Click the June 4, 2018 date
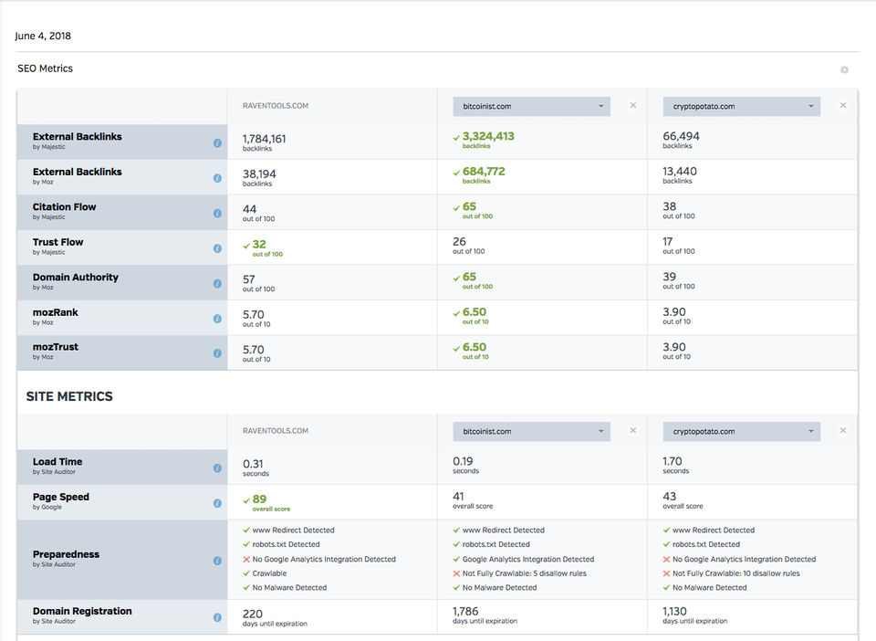coord(43,37)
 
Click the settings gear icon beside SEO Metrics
coord(844,70)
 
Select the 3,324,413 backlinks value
coord(488,137)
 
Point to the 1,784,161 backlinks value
coord(264,139)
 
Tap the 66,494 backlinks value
coord(682,137)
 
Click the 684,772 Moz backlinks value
coord(484,172)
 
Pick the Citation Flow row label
coord(64,207)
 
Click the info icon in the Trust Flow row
coord(217,248)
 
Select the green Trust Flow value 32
coord(259,245)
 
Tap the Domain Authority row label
coord(76,278)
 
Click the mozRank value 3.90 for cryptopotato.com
coord(674,312)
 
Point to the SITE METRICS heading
coord(69,397)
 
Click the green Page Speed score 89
coord(260,499)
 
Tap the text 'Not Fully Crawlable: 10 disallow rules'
coord(735,573)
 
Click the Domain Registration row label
coord(82,612)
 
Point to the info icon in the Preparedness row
coord(217,559)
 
